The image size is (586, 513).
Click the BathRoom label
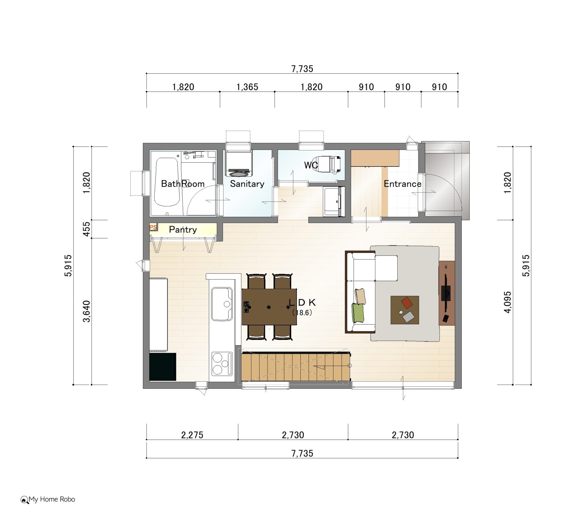(183, 184)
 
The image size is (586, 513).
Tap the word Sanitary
(247, 184)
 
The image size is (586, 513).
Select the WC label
(311, 165)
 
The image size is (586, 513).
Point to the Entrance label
(403, 184)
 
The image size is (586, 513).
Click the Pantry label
(183, 230)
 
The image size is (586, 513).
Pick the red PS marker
(153, 227)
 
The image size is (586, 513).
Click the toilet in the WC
(329, 164)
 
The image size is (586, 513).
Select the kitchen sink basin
(222, 304)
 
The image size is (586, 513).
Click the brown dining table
(269, 307)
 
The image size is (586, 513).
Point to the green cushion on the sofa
(358, 313)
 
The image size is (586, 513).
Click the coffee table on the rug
(405, 310)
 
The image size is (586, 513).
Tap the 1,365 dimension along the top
(247, 87)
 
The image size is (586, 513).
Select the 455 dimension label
(86, 229)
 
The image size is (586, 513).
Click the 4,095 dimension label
(507, 302)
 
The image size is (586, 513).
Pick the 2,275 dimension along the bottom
(192, 435)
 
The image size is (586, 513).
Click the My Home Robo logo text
(52, 499)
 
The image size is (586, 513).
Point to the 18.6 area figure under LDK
(302, 313)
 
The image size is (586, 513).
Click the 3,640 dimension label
(86, 311)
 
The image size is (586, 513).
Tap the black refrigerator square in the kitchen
(163, 367)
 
